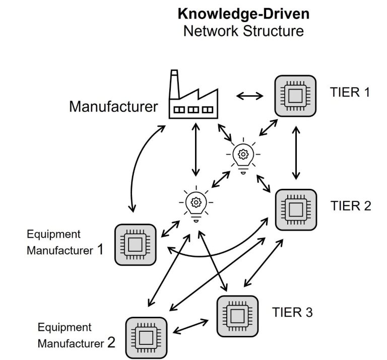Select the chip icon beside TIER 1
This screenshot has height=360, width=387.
[x=295, y=96]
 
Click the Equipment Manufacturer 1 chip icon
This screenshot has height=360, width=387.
[x=135, y=245]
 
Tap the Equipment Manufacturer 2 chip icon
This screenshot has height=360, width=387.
[x=146, y=337]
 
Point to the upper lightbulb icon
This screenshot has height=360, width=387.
[x=243, y=155]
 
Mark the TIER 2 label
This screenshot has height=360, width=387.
[x=351, y=206]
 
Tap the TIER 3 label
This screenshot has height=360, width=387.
[x=292, y=313]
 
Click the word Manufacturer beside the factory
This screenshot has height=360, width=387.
[x=113, y=107]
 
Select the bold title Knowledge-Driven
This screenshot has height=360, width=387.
[x=243, y=14]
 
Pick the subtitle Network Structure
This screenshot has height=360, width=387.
[x=243, y=31]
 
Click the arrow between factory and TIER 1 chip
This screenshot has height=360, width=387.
[x=250, y=96]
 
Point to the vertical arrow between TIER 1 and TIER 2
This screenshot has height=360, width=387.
[x=296, y=153]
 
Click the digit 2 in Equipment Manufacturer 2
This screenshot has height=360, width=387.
[x=111, y=343]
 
